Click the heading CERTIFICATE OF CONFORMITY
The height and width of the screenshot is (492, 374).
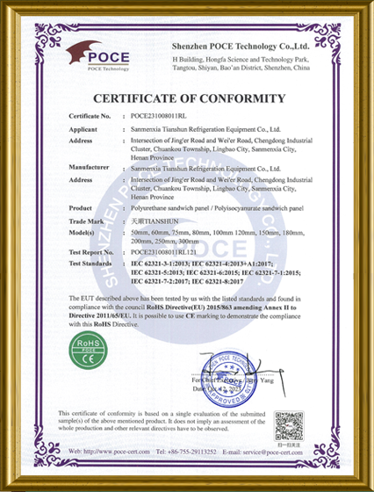(186, 98)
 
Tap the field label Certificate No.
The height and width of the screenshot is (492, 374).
(90, 115)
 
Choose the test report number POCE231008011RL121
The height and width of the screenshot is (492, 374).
(161, 252)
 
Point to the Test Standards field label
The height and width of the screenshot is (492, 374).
(91, 264)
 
